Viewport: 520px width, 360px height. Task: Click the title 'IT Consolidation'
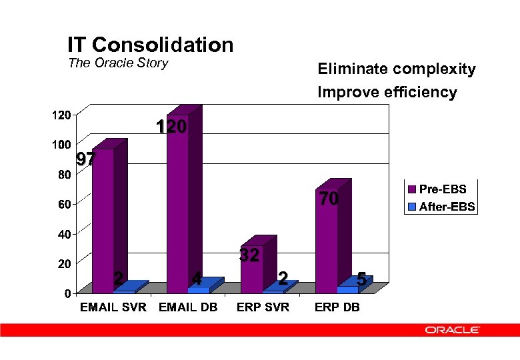point(150,45)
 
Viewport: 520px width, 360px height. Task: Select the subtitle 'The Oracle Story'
point(118,64)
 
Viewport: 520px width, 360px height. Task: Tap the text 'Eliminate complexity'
point(397,69)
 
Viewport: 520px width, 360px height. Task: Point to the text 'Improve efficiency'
point(387,92)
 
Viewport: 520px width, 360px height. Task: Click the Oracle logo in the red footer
point(453,329)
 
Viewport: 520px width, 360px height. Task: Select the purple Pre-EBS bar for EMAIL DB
point(177,200)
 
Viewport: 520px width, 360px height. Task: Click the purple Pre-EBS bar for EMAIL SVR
point(103,220)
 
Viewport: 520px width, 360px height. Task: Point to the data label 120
point(171,127)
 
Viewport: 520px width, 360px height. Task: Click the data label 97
point(85,159)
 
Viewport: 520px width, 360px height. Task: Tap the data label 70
point(328,199)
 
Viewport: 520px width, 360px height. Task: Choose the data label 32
point(249,255)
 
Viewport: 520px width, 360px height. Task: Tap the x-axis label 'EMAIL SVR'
point(113,307)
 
